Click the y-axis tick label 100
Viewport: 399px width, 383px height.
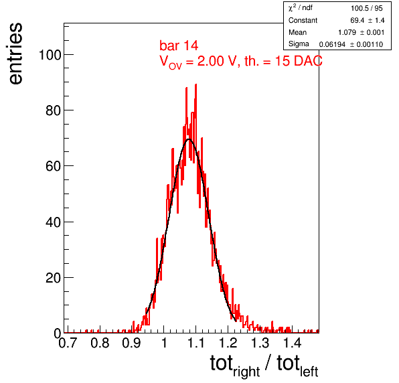pyautogui.click(x=50, y=55)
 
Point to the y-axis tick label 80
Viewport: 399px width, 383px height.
pyautogui.click(x=54, y=110)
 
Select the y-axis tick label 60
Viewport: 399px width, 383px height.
pyautogui.click(x=54, y=166)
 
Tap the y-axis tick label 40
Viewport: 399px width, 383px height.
pyautogui.click(x=54, y=222)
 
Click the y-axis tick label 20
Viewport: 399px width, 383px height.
pyautogui.click(x=54, y=278)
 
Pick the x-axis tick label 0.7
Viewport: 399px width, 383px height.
pyautogui.click(x=68, y=343)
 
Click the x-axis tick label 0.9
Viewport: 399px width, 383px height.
pyautogui.click(x=132, y=343)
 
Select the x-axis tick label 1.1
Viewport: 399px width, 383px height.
pyautogui.click(x=196, y=343)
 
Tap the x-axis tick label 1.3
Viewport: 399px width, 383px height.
pyautogui.click(x=260, y=343)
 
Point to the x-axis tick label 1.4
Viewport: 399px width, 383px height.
pyautogui.click(x=292, y=343)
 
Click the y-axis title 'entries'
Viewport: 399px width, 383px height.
pyautogui.click(x=16, y=54)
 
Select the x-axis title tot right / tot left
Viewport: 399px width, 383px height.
pyautogui.click(x=264, y=366)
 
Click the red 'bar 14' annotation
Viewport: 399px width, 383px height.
pyautogui.click(x=179, y=46)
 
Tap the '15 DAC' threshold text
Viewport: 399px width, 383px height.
pyautogui.click(x=299, y=61)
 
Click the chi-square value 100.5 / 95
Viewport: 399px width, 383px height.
pyautogui.click(x=367, y=9)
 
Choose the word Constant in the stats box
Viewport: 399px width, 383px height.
pyautogui.click(x=303, y=20)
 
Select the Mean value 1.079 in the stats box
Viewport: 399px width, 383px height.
pyautogui.click(x=347, y=32)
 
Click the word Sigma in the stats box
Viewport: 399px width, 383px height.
pyautogui.click(x=299, y=44)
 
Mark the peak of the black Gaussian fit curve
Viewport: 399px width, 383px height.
pyautogui.click(x=189, y=139)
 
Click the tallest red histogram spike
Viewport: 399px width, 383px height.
pyautogui.click(x=195, y=85)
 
